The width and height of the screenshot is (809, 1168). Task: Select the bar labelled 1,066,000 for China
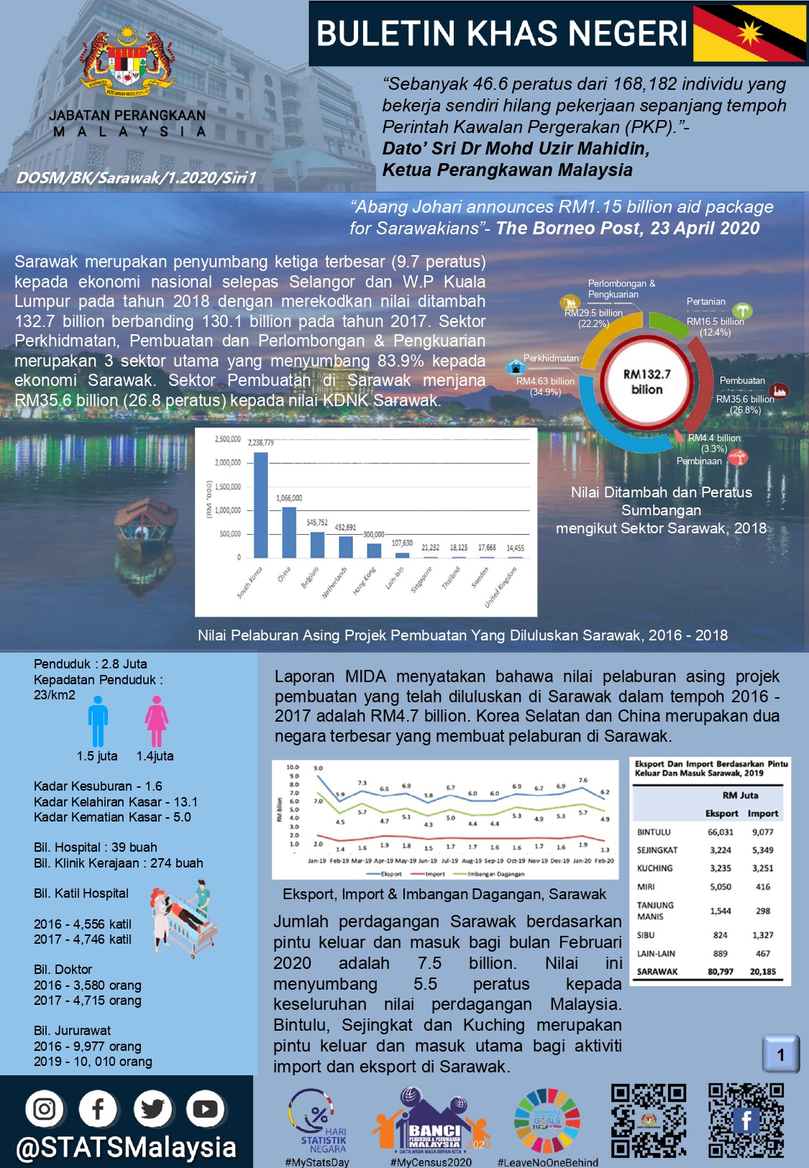pyautogui.click(x=289, y=532)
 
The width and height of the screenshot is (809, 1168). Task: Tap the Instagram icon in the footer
pyautogui.click(x=45, y=1109)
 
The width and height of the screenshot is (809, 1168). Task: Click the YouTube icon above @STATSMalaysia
pyautogui.click(x=205, y=1109)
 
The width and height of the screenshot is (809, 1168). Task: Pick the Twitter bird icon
pyautogui.click(x=152, y=1109)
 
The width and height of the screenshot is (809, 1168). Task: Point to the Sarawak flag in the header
pyautogui.click(x=749, y=33)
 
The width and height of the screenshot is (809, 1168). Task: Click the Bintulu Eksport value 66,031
pyautogui.click(x=721, y=832)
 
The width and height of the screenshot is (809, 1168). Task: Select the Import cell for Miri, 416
pyautogui.click(x=763, y=887)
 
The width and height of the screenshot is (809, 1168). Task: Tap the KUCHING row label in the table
pyautogui.click(x=654, y=868)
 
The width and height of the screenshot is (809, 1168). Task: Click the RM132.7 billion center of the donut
pyautogui.click(x=646, y=382)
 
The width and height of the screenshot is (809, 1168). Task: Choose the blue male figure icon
pyautogui.click(x=98, y=723)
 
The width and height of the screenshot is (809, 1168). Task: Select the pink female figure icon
pyautogui.click(x=156, y=723)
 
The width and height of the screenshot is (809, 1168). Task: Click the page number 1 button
pyautogui.click(x=781, y=1054)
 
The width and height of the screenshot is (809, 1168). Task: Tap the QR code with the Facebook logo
pyautogui.click(x=746, y=1121)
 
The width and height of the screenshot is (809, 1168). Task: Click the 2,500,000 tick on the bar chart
pyautogui.click(x=228, y=439)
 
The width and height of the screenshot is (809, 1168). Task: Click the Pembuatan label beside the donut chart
pyautogui.click(x=742, y=381)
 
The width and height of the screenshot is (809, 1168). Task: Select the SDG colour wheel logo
pyautogui.click(x=547, y=1121)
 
